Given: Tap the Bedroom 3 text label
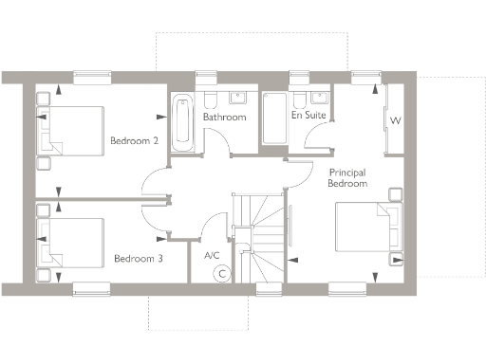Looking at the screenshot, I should point(138,257).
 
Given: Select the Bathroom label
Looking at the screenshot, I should point(224,118).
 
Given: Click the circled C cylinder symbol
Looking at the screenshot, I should point(221,273).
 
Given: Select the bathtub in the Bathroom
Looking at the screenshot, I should point(181,122).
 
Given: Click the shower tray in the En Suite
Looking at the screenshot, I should point(274,118).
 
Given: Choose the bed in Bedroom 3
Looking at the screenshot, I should point(71,243).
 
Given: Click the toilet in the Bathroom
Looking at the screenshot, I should point(212,99).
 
